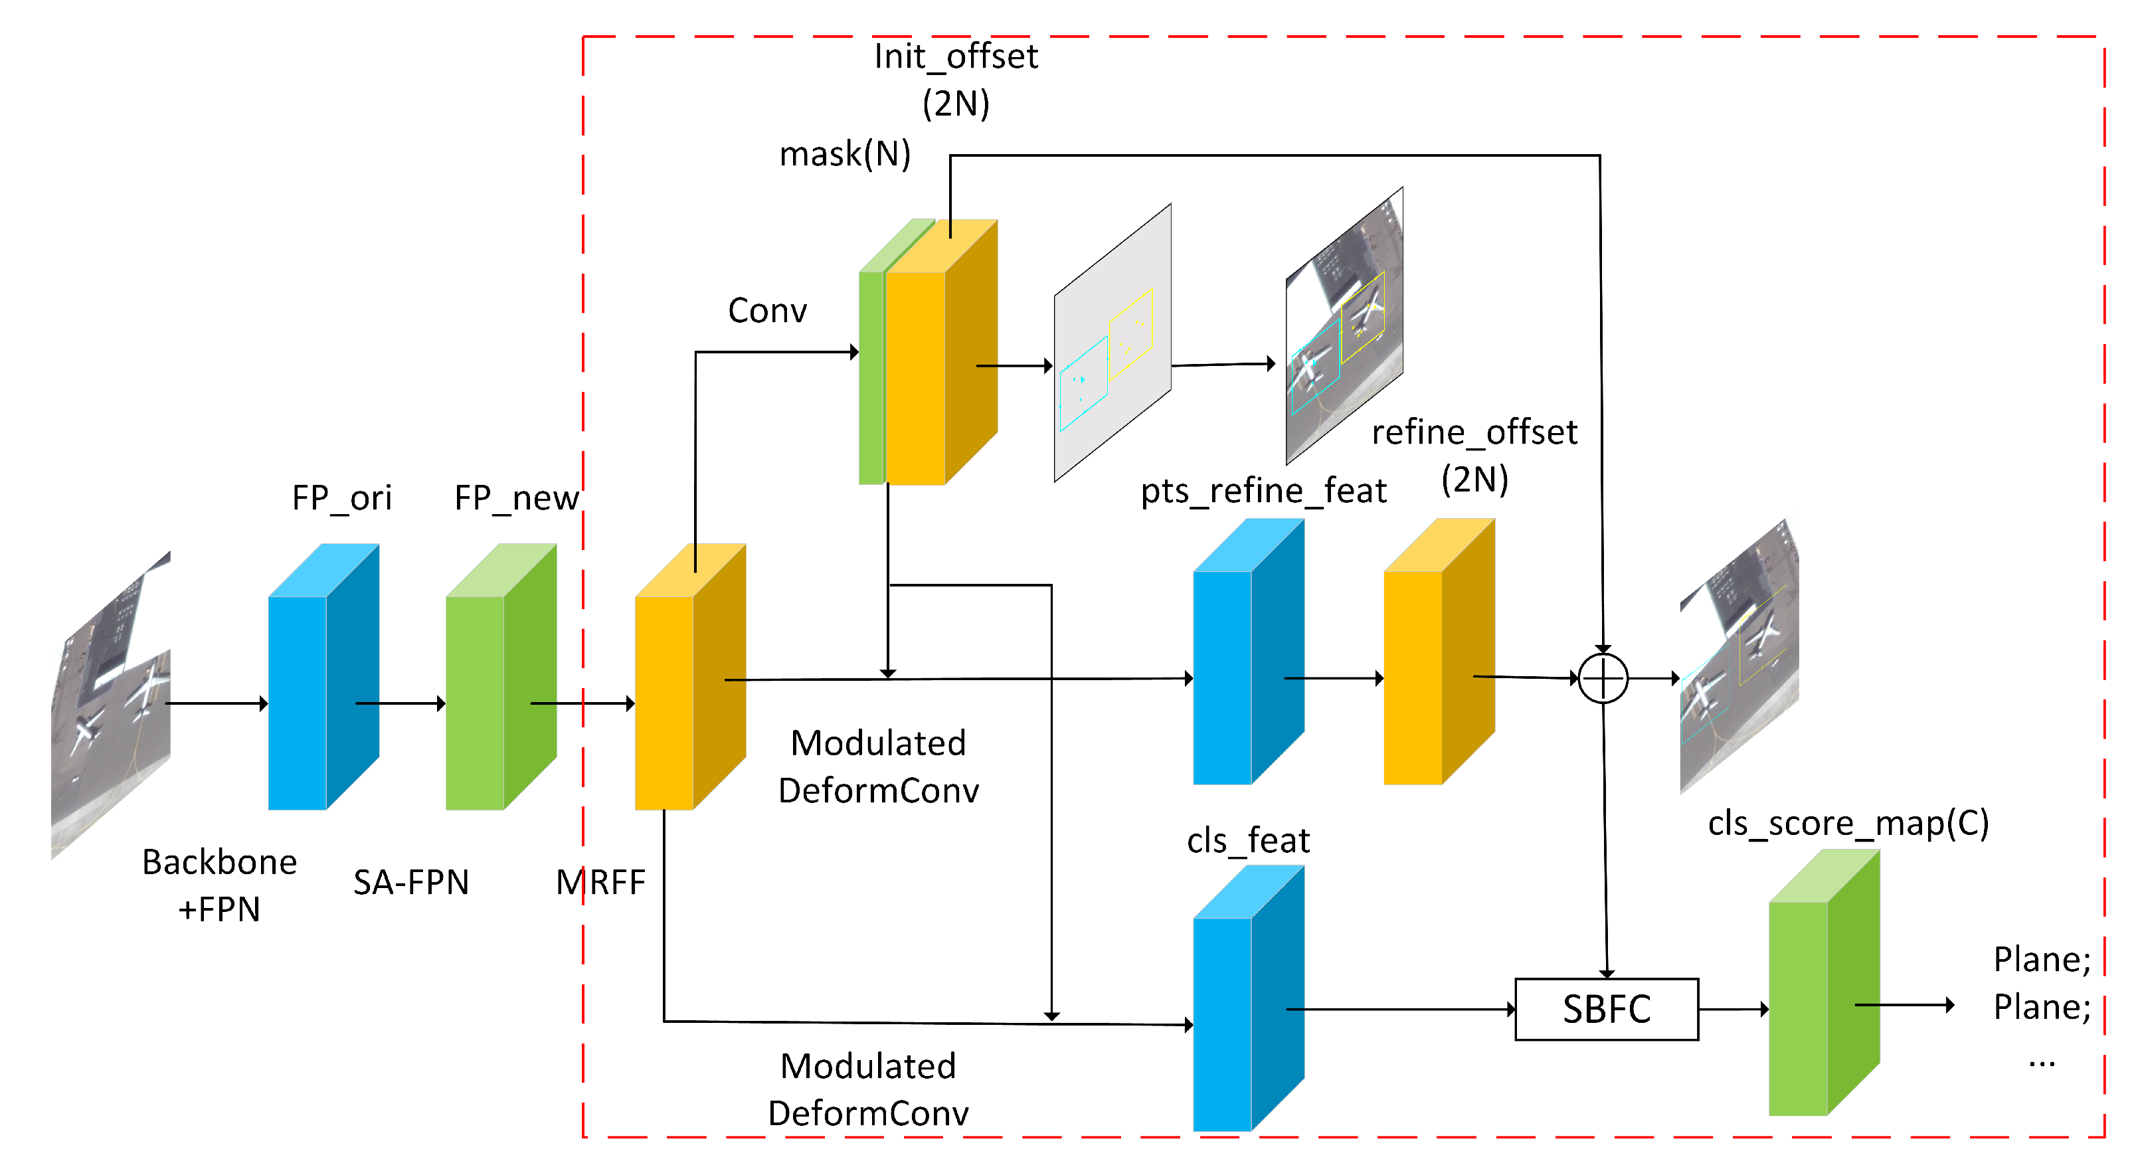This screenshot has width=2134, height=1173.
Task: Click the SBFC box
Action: (x=1605, y=1009)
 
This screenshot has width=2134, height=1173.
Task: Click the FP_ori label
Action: (x=341, y=498)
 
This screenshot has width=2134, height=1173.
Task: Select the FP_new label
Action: (x=516, y=498)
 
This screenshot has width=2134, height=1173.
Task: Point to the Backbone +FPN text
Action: (x=220, y=885)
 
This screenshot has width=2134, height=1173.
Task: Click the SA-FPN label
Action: (x=411, y=882)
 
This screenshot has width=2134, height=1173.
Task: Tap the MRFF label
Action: (x=600, y=882)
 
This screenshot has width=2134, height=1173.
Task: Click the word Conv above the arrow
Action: (x=767, y=311)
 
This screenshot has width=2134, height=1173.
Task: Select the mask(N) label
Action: (x=845, y=154)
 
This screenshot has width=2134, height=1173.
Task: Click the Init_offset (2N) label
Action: (x=956, y=80)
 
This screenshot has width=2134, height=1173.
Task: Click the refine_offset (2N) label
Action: (x=1474, y=455)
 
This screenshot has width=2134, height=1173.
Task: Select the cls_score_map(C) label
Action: (x=1848, y=822)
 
